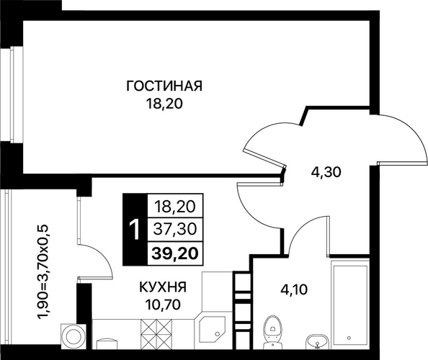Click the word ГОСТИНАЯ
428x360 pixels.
click(164, 86)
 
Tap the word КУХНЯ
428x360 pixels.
click(163, 287)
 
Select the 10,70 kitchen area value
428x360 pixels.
click(163, 304)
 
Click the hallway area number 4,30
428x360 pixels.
click(326, 172)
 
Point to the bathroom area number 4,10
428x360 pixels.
click(294, 289)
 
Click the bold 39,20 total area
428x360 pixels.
click(175, 253)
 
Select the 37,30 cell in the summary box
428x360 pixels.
click(175, 230)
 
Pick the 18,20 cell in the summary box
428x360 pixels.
click(175, 207)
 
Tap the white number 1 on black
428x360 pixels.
click(135, 230)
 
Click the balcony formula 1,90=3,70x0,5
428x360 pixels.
click(43, 272)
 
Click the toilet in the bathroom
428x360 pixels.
click(272, 332)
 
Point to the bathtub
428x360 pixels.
click(349, 305)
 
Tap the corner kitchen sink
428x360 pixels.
click(212, 329)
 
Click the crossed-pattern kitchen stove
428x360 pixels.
click(156, 334)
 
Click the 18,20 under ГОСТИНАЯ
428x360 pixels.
click(164, 104)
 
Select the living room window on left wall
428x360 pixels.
click(12, 94)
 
